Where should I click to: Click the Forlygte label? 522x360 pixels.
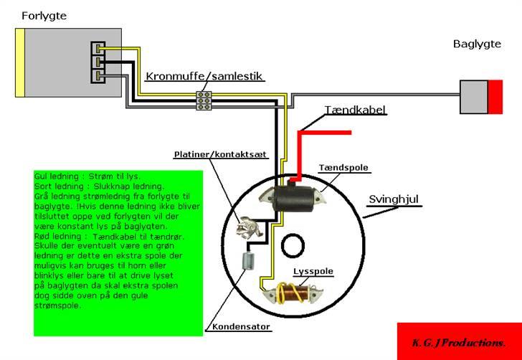44,15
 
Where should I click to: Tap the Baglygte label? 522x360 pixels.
477,44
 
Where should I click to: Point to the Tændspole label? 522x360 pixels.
344,168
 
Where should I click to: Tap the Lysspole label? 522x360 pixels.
311,271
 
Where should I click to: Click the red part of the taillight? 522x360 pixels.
495,97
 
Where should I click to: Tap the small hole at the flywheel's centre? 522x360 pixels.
293,245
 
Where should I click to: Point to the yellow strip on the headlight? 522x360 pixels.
22,62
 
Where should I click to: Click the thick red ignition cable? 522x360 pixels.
326,133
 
